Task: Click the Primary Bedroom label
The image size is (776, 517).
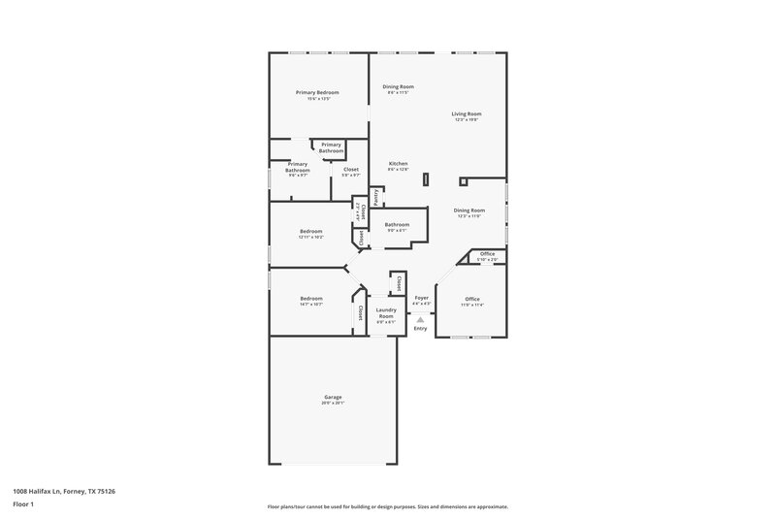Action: coord(317,93)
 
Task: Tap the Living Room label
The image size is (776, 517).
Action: coord(466,114)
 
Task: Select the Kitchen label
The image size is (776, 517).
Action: coord(398,164)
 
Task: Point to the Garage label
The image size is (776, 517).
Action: coord(333,397)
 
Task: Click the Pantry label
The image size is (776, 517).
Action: coord(375,196)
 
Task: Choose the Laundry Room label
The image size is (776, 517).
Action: coord(386,313)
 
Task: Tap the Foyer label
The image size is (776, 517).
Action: coord(421,298)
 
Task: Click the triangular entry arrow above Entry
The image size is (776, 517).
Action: coord(420,318)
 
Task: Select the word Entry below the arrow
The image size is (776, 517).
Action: coord(420,329)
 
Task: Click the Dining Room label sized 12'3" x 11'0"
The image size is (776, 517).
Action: coord(469,210)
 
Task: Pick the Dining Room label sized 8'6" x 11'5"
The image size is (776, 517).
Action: coord(398,88)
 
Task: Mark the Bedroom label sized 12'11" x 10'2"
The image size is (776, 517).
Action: coord(310,232)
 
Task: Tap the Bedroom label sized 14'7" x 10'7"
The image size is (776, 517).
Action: coord(310,299)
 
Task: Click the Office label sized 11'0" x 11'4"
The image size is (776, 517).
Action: coord(472,299)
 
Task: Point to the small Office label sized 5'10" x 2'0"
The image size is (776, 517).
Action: coord(487,255)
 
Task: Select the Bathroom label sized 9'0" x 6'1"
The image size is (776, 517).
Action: coord(398,225)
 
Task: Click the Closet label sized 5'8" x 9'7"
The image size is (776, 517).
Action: coord(350,171)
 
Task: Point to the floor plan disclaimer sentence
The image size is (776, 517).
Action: coord(387,506)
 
